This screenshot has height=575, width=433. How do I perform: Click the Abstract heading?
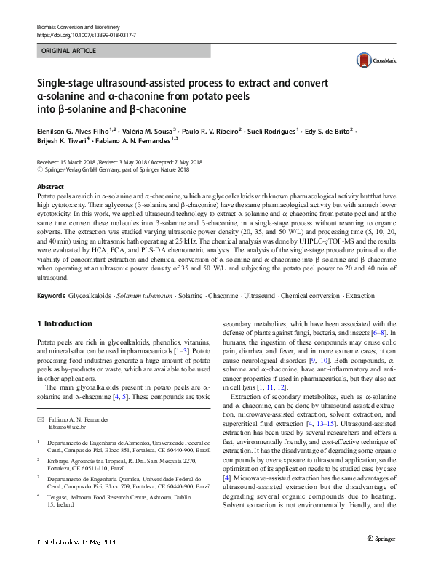click(x=50, y=187)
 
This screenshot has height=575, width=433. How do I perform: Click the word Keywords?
click(x=50, y=297)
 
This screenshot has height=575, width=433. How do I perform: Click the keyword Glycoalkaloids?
click(x=90, y=297)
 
